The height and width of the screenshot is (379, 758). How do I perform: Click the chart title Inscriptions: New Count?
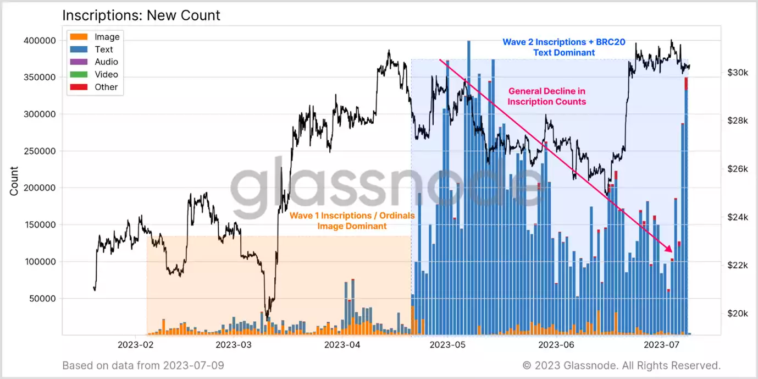[x=141, y=15]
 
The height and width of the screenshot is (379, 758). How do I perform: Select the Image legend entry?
[x=107, y=37]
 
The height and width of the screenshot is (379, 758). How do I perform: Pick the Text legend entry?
[x=104, y=50]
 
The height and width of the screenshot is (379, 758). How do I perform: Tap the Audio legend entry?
[x=106, y=62]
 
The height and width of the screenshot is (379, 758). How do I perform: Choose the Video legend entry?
[x=106, y=74]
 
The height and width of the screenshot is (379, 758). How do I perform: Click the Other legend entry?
[x=106, y=87]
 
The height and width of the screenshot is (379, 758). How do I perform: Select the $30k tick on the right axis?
[x=737, y=73]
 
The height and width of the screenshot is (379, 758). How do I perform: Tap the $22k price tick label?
[x=737, y=265]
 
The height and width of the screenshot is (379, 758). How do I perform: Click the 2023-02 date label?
[x=135, y=345]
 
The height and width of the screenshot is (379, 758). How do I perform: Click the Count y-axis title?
[x=14, y=181]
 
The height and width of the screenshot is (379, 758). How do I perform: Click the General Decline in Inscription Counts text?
[x=546, y=96]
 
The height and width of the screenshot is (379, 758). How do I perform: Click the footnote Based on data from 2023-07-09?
[x=143, y=365]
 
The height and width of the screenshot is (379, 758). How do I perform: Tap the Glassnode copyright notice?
[x=621, y=365]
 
